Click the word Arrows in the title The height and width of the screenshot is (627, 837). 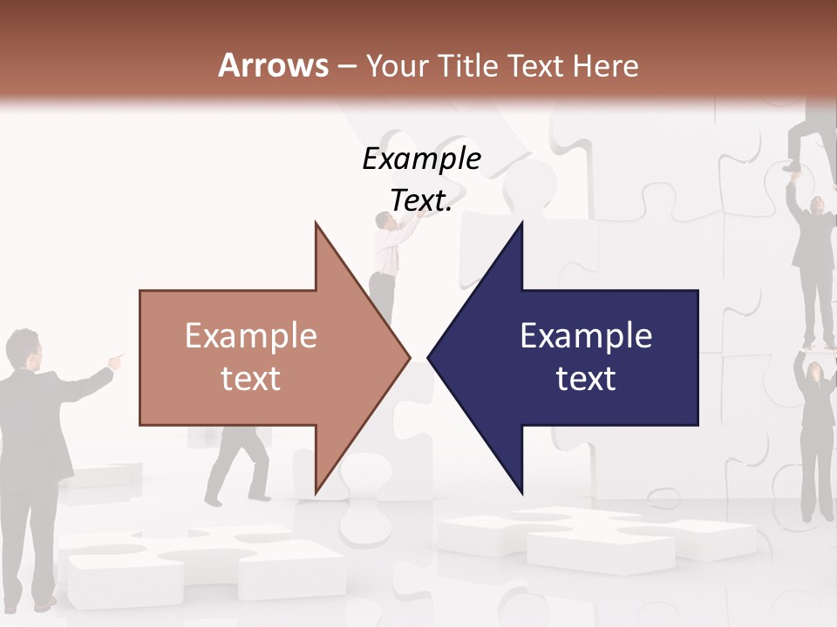[273, 65]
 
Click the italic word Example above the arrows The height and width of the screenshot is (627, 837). [422, 158]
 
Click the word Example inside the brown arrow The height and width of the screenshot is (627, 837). [251, 336]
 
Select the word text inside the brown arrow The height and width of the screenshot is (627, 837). [251, 379]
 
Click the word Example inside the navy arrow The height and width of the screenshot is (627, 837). [586, 336]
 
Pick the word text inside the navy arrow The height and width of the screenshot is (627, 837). [586, 379]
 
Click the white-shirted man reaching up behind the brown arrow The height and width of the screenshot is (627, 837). [386, 253]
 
